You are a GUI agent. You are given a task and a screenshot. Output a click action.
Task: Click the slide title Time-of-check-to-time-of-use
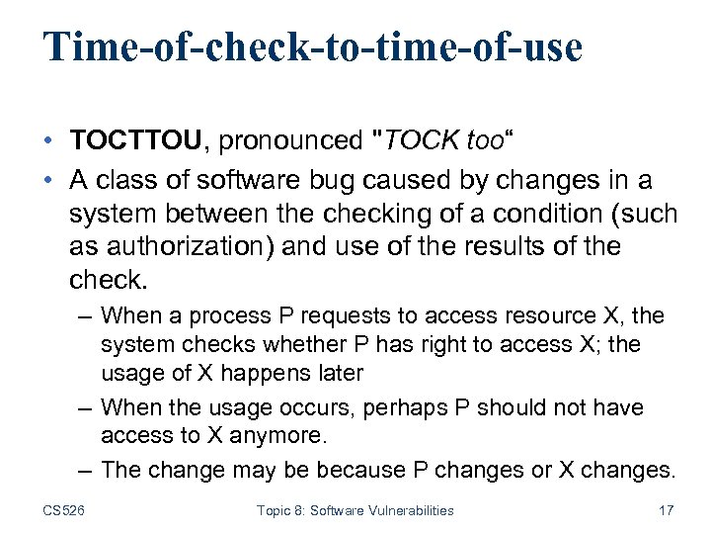(x=313, y=46)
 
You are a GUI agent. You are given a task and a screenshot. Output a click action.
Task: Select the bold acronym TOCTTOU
(x=137, y=141)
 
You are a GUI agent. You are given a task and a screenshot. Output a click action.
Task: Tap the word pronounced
(x=290, y=141)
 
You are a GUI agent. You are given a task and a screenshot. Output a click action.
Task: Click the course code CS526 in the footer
(x=64, y=510)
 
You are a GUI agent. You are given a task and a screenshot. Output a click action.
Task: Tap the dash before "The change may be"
(x=85, y=470)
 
